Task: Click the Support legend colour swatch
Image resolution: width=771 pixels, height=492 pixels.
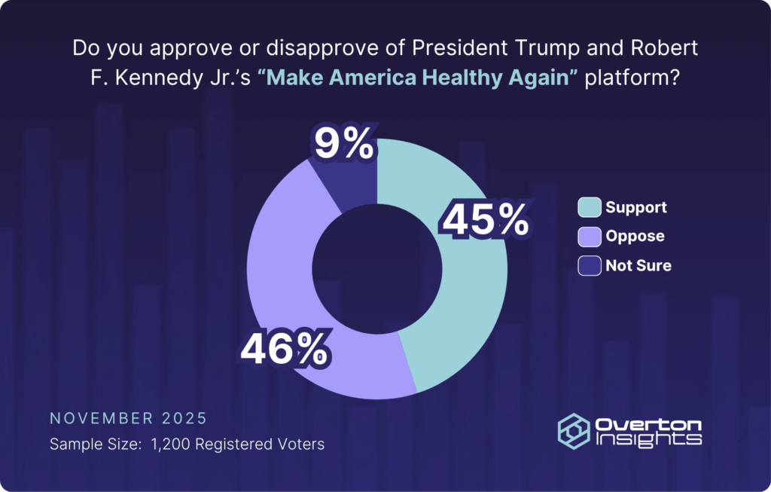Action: click(x=590, y=207)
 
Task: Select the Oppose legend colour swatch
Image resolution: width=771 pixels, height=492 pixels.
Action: click(x=590, y=236)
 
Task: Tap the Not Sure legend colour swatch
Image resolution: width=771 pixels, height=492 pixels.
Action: click(x=590, y=265)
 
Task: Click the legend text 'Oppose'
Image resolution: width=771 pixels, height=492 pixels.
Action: click(x=635, y=236)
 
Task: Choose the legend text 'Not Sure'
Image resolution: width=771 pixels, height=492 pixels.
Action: click(x=638, y=265)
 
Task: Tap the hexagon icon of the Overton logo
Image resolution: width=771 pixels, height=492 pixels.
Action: click(x=573, y=430)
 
